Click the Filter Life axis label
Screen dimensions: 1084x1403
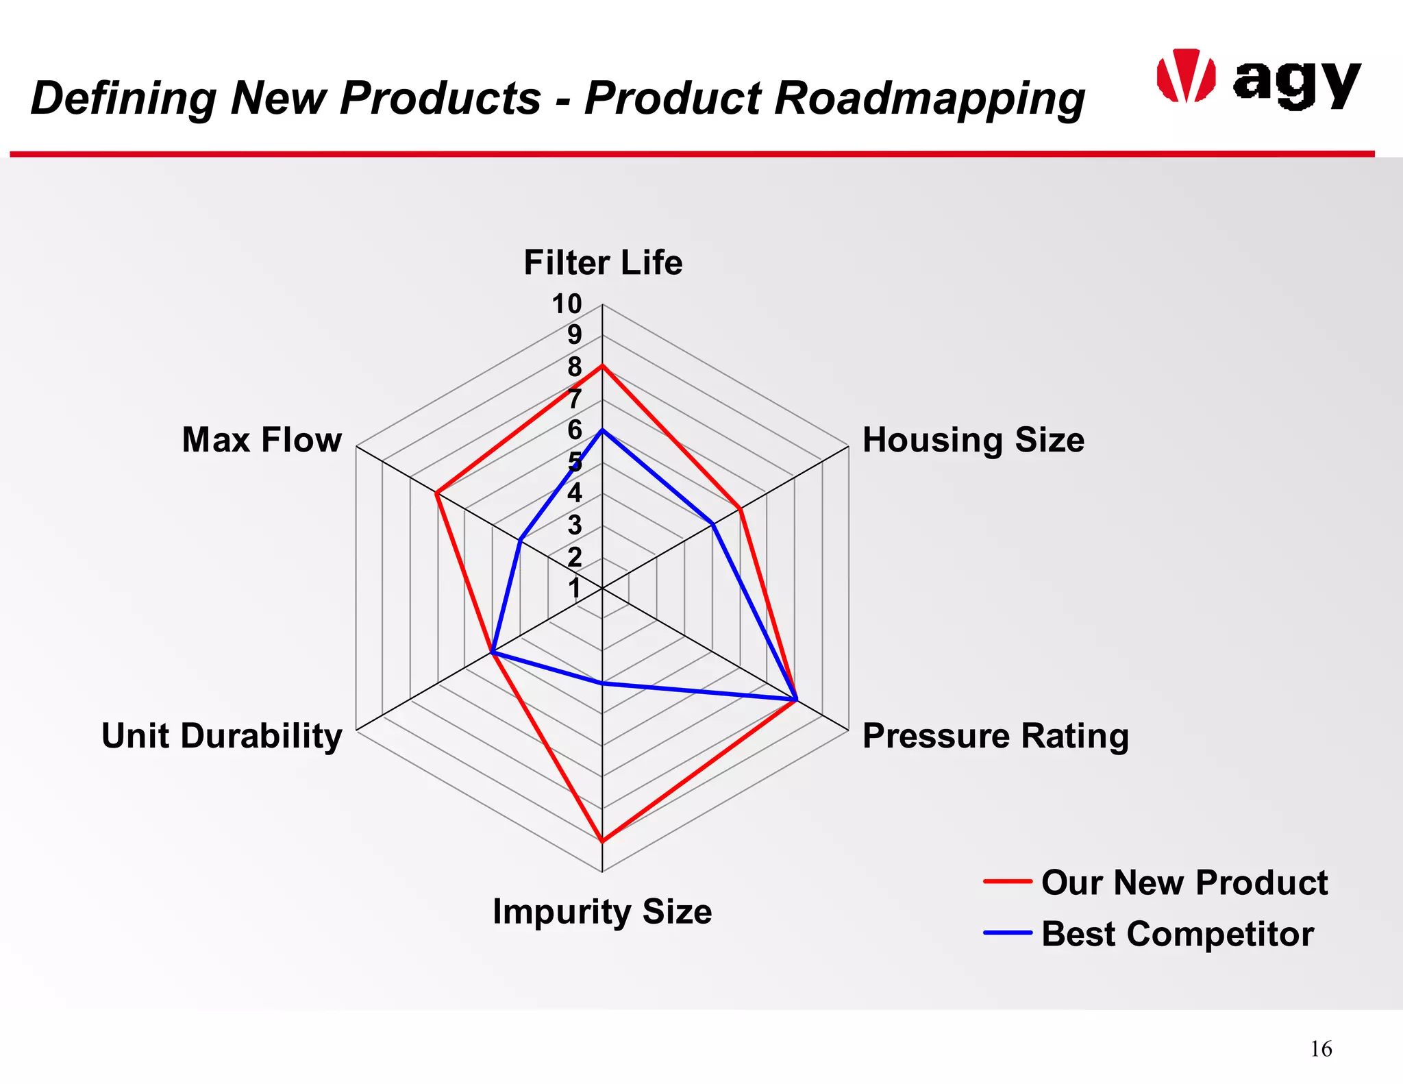[x=603, y=263]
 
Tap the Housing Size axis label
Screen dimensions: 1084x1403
[x=973, y=440]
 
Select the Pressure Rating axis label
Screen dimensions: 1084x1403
[x=995, y=736]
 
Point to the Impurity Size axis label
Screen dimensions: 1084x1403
[x=602, y=912]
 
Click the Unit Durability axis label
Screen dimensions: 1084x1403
[x=222, y=736]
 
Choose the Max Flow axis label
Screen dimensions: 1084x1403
[x=262, y=440]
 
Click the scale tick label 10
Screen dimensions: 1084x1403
[x=567, y=304]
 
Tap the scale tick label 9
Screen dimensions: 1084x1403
[x=574, y=336]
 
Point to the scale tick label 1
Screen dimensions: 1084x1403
[x=574, y=589]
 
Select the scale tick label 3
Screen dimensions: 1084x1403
[x=574, y=526]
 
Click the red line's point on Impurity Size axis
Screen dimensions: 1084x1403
[x=602, y=841]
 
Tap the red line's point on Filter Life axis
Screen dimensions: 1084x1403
[x=602, y=367]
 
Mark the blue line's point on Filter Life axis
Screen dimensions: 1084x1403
[x=602, y=430]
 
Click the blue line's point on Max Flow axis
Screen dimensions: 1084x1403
[x=520, y=541]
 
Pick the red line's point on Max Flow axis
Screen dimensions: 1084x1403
[x=437, y=493]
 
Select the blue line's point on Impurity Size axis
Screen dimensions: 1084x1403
[x=602, y=683]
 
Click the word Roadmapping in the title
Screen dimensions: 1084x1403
[x=930, y=98]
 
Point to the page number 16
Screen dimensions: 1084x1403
[x=1321, y=1049]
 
